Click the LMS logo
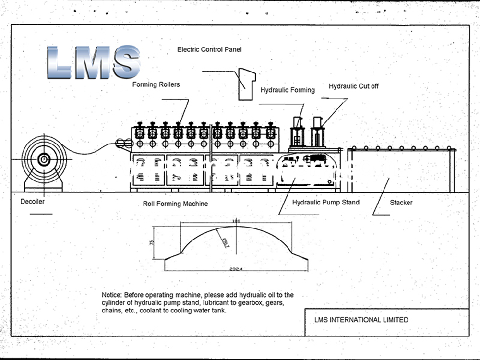click(94, 62)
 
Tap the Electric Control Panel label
click(209, 49)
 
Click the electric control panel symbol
click(246, 84)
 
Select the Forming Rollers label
click(156, 85)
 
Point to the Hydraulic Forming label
click(288, 90)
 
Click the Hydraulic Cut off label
click(354, 86)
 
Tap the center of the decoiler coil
click(44, 159)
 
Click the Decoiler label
click(33, 202)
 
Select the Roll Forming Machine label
click(175, 204)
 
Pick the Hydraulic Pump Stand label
click(325, 203)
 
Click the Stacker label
click(401, 203)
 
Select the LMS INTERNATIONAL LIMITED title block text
click(360, 320)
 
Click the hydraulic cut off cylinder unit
click(317, 132)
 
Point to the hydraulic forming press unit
click(298, 133)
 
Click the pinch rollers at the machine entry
click(124, 143)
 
